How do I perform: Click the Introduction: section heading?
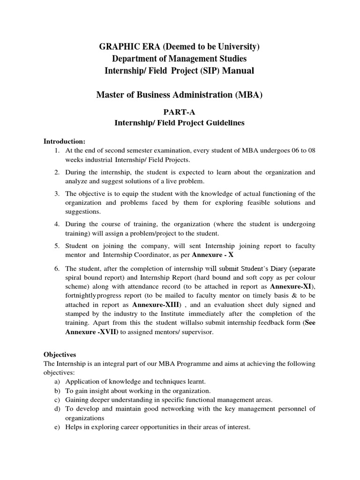coord(65,141)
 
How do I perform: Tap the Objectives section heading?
coord(60,355)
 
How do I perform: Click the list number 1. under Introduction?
coord(57,150)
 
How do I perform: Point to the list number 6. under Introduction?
coord(57,269)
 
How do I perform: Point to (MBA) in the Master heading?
coord(248,95)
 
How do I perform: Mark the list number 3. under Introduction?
coord(57,194)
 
